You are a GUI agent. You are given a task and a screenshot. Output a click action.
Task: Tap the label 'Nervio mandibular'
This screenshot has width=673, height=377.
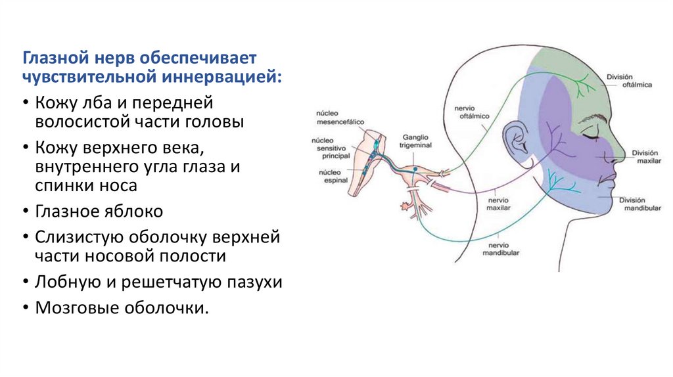[501, 248]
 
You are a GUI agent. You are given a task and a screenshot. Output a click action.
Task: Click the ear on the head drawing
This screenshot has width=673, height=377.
[512, 139]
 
